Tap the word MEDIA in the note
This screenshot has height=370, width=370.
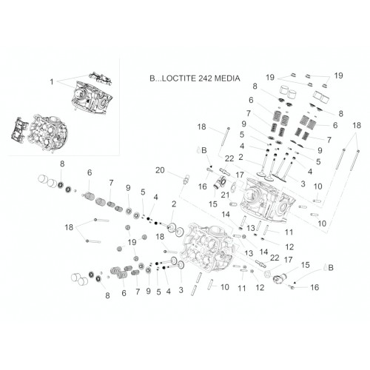tap(227, 78)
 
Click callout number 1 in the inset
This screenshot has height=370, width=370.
tap(52, 81)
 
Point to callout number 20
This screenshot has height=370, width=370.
tap(160, 170)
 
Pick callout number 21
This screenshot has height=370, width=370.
tap(225, 195)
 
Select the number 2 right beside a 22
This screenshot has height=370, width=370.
tap(240, 157)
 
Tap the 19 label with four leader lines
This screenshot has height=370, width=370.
tap(132, 242)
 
